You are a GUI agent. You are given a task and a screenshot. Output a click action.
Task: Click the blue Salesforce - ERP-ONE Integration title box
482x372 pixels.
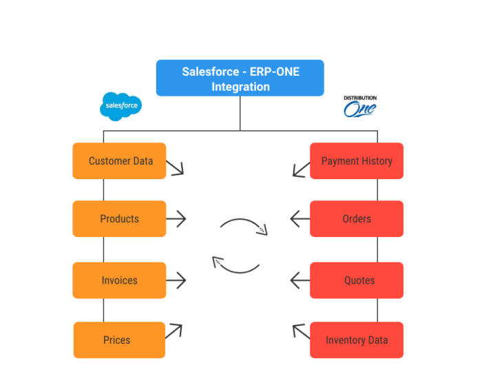[x=240, y=78]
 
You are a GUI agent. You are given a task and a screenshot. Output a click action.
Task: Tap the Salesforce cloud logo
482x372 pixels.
[x=120, y=106]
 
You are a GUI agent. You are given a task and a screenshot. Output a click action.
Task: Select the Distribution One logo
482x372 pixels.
[x=360, y=107]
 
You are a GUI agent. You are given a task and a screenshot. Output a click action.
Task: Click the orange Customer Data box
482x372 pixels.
[x=119, y=161]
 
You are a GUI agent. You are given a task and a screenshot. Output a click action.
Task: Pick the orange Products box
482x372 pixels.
[x=119, y=219]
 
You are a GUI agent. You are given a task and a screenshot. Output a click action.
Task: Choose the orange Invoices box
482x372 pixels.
[x=119, y=280]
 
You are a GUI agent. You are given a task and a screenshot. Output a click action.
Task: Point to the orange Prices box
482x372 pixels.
[x=119, y=340]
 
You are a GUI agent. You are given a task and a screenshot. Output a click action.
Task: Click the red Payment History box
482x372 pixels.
[x=357, y=161]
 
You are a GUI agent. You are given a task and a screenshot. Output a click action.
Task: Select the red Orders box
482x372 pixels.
[x=357, y=219]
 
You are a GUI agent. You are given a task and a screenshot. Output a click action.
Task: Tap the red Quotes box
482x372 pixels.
[x=357, y=280]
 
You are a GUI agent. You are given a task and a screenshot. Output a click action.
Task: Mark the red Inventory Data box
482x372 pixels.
[x=357, y=340]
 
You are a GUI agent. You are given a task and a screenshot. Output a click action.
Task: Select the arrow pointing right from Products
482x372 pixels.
[x=176, y=219]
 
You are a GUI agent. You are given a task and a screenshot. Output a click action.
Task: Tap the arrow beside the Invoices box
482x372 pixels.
[x=176, y=280]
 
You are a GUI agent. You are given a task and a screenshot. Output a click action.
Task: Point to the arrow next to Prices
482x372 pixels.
[x=174, y=331]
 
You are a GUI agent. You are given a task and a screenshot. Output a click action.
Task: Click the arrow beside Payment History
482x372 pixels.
[x=300, y=168]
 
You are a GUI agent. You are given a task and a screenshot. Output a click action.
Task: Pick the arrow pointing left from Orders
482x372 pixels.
[x=300, y=219]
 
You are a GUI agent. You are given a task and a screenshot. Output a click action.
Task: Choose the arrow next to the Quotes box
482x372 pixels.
[x=300, y=280]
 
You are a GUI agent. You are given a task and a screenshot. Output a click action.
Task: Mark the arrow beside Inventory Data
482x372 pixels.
[x=300, y=332]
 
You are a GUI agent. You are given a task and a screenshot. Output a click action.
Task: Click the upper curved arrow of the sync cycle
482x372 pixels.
[x=244, y=225]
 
